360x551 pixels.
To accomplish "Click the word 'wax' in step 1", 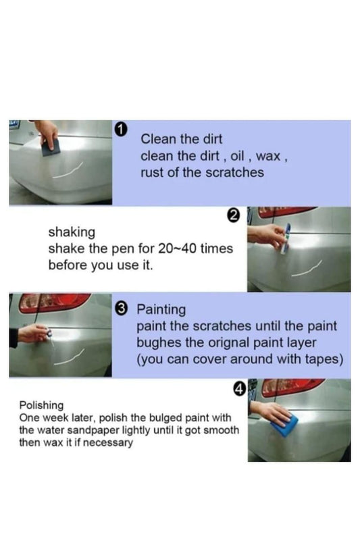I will (268, 156).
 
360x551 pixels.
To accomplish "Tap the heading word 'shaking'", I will (72, 232).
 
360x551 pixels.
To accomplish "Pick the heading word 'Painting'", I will (161, 310).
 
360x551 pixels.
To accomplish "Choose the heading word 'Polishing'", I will (41, 406).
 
